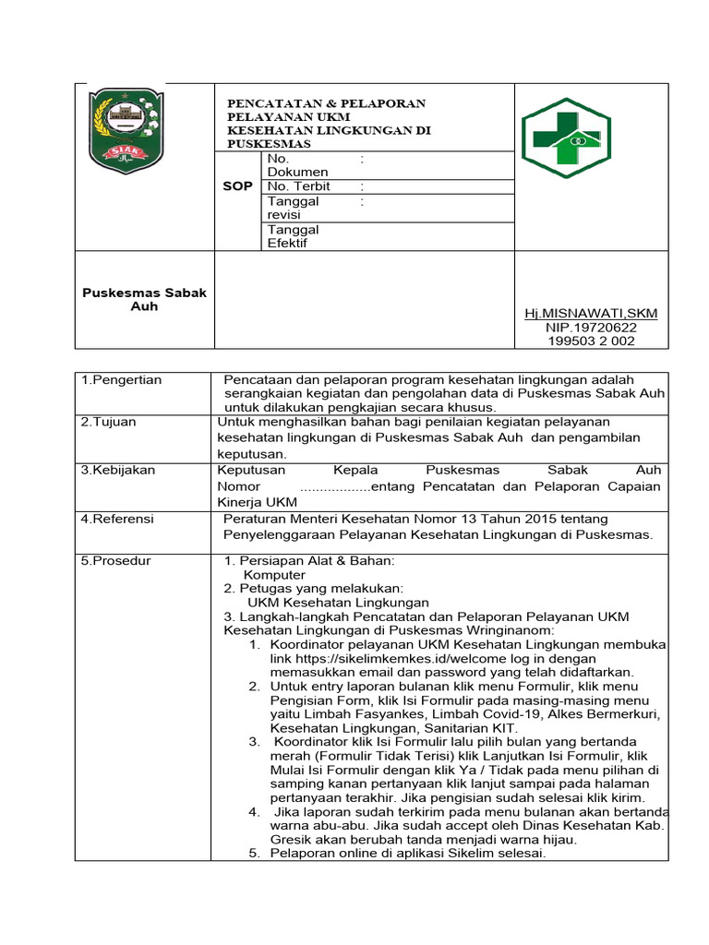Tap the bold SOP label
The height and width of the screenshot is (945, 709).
(238, 185)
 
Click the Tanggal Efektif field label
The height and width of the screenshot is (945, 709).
(293, 236)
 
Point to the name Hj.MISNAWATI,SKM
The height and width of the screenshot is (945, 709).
(591, 314)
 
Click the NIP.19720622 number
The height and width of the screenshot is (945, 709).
(591, 327)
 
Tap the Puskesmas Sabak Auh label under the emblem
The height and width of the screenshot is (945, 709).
(144, 299)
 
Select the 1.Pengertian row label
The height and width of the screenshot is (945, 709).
(121, 380)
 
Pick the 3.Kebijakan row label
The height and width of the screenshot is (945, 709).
(118, 470)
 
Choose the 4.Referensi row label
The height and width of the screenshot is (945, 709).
(118, 519)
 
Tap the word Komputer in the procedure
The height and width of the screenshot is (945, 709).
(274, 575)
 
